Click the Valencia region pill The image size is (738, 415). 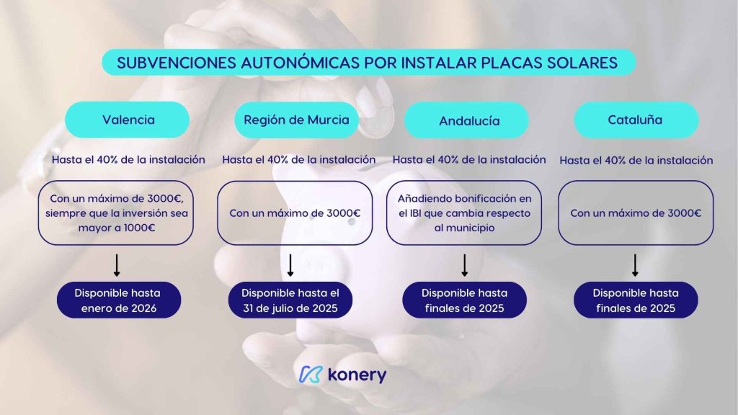127,120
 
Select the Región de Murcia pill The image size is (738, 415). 296,120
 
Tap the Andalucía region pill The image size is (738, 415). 466,120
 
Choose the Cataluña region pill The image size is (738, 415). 636,120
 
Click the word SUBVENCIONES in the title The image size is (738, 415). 177,63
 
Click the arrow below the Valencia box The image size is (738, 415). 117,265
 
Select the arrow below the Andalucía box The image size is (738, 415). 465,265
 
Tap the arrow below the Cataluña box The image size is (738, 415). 635,265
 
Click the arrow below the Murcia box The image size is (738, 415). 290,265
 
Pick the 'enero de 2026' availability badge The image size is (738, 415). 119,300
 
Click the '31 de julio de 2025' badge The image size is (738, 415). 290,300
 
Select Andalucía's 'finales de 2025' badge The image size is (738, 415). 465,300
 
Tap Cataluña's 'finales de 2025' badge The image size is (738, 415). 636,300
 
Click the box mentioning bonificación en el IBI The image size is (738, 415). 464,213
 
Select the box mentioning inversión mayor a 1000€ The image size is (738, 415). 116,213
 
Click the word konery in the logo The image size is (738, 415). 357,375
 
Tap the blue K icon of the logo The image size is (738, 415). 311,375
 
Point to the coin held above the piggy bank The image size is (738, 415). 375,114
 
